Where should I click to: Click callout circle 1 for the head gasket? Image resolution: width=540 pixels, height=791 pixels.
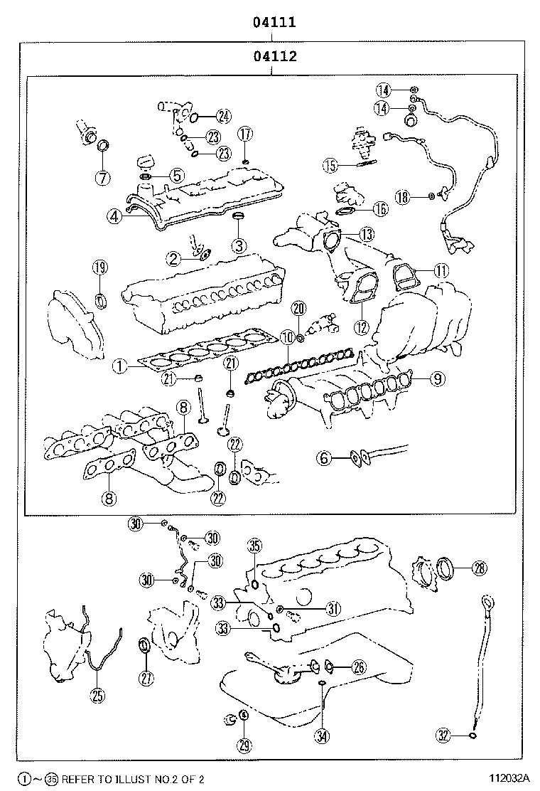click(120, 367)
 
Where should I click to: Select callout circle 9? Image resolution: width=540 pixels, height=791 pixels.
click(437, 379)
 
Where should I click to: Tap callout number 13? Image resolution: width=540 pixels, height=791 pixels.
click(366, 233)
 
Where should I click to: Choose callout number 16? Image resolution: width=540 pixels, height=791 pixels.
click(380, 208)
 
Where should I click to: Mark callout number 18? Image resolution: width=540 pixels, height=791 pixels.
click(404, 197)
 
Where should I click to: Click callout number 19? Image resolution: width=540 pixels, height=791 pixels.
click(100, 267)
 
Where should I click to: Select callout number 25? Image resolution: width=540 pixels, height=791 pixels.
click(97, 696)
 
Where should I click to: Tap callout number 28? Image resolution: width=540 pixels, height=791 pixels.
click(480, 568)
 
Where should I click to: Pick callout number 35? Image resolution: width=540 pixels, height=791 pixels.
click(254, 547)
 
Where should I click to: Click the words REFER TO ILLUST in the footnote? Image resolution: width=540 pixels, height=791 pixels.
click(103, 780)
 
